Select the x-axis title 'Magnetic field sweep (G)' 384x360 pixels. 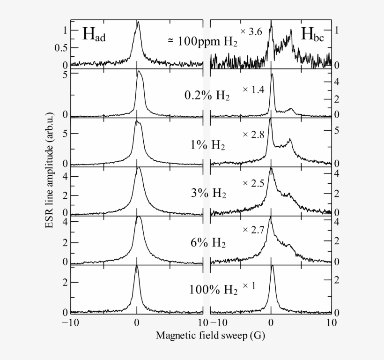[201, 336]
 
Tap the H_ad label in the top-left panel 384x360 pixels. [94, 35]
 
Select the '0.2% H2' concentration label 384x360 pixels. [207, 95]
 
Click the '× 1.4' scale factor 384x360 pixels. [253, 89]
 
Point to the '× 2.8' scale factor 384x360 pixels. [253, 135]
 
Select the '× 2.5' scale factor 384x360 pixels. [253, 183]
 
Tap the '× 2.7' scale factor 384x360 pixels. [253, 230]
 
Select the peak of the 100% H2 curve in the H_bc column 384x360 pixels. [272, 266]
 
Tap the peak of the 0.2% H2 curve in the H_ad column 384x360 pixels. [138, 72]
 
